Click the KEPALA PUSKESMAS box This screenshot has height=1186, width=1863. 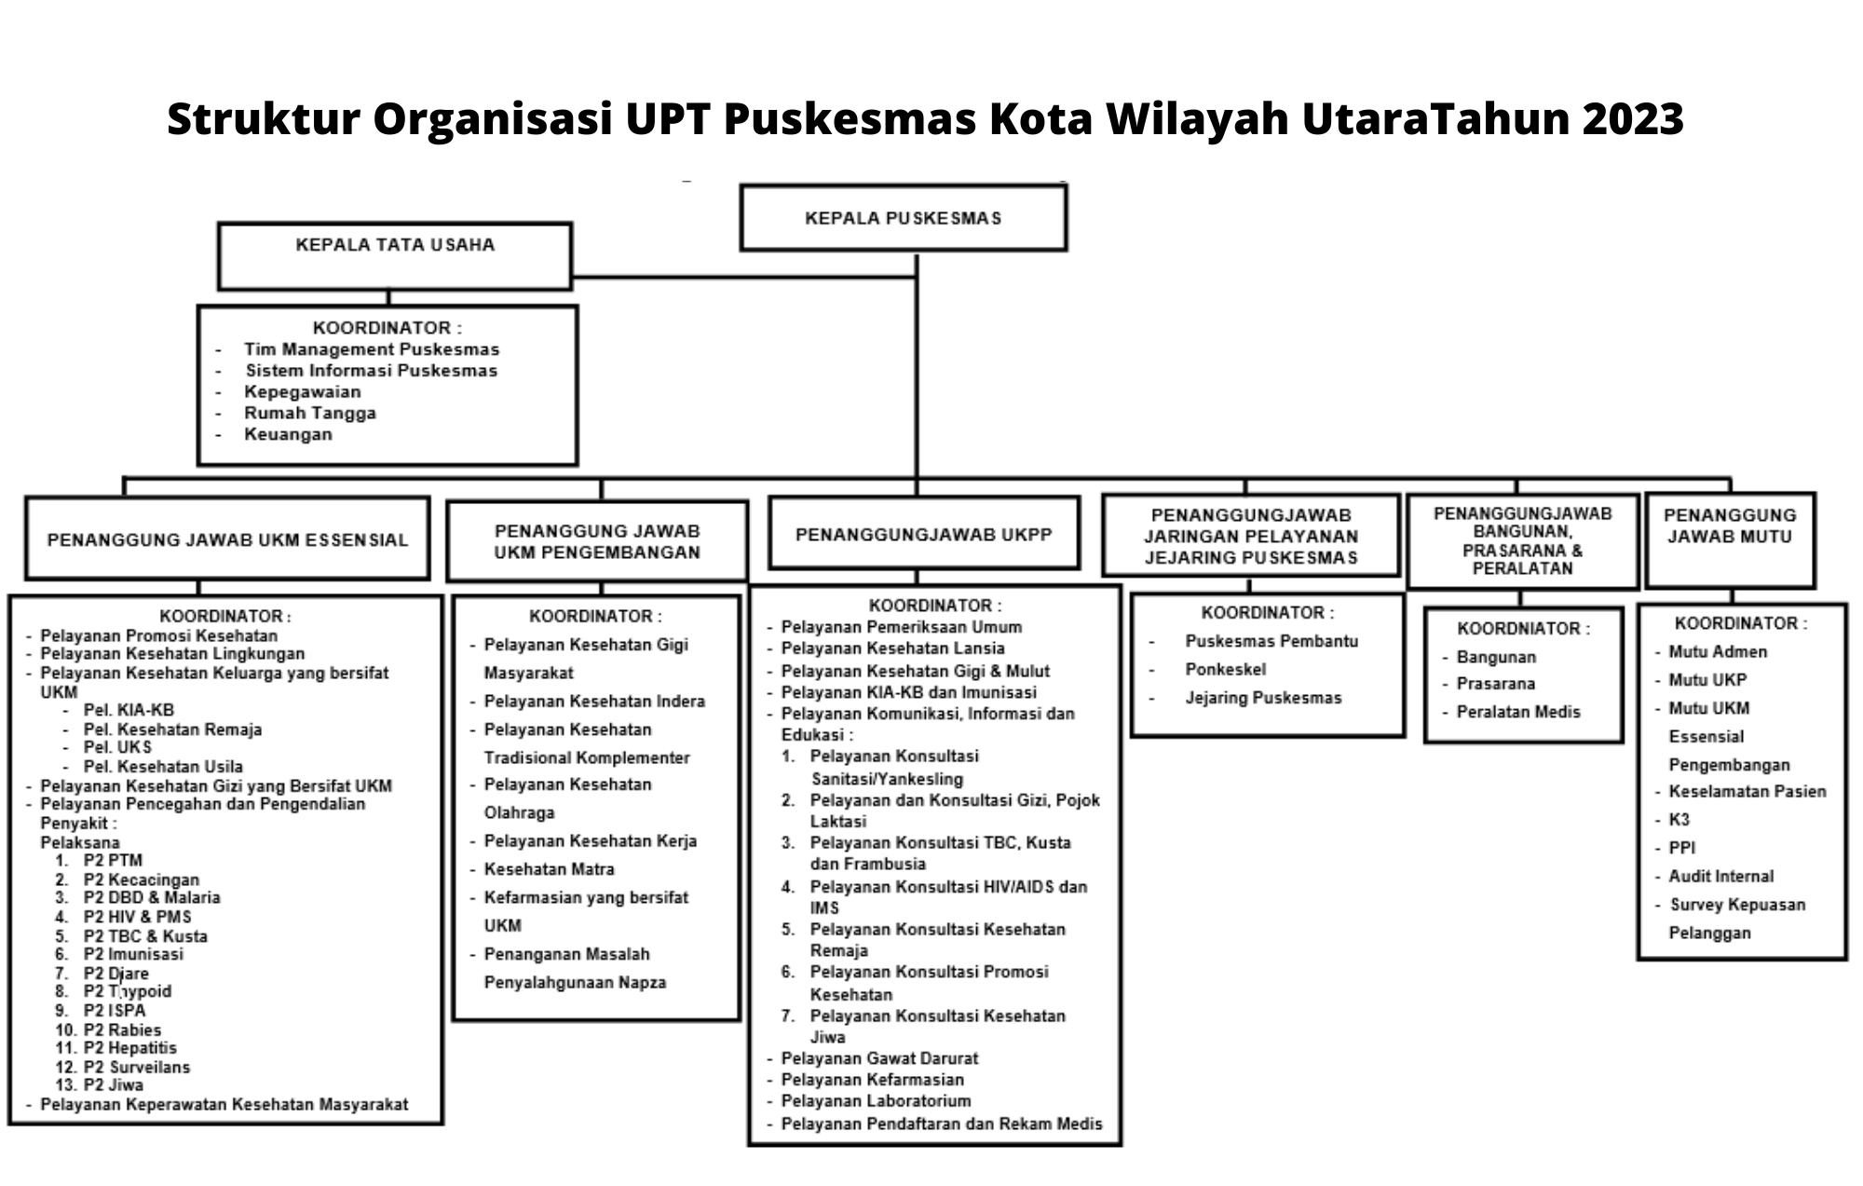point(903,218)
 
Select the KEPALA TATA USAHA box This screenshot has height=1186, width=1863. point(394,256)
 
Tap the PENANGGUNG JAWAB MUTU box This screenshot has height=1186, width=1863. point(1730,540)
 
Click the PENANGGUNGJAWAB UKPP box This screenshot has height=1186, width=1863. point(923,533)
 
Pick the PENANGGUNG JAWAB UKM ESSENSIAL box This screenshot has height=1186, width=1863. point(227,538)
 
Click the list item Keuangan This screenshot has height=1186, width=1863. point(288,434)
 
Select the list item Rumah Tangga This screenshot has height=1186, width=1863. point(310,413)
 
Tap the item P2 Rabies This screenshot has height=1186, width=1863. point(122,1029)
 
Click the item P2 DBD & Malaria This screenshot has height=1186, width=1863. point(152,897)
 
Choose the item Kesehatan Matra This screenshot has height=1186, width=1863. point(549,869)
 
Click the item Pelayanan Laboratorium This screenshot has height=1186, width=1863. point(876,1101)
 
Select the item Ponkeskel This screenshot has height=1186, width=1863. point(1225,669)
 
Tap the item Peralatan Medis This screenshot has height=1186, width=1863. point(1518,712)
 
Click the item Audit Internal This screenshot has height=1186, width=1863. point(1720,876)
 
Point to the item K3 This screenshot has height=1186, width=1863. point(1679,820)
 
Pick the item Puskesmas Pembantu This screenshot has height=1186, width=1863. point(1271,641)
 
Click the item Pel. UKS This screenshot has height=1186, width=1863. point(117,747)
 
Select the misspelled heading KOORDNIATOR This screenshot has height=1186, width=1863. point(1524,629)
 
